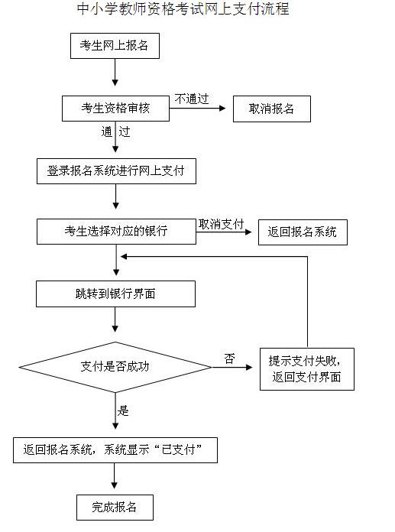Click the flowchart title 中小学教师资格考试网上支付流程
pyautogui.click(x=183, y=9)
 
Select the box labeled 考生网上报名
pyautogui.click(x=115, y=46)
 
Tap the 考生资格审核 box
pyautogui.click(x=115, y=109)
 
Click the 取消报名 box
pyautogui.click(x=272, y=109)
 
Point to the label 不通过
pyautogui.click(x=192, y=99)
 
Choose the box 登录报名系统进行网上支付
pyautogui.click(x=116, y=171)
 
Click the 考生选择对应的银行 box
pyautogui.click(x=116, y=232)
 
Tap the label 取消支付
pyautogui.click(x=221, y=224)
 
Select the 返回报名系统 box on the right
pyautogui.click(x=303, y=232)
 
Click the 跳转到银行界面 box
pyautogui.click(x=115, y=294)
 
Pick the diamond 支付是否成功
pyautogui.click(x=115, y=367)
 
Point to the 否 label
pyautogui.click(x=229, y=358)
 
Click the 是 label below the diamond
pyautogui.click(x=123, y=410)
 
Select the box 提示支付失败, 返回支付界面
pyautogui.click(x=307, y=369)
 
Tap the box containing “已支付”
pyautogui.click(x=115, y=450)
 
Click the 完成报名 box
pyautogui.click(x=115, y=508)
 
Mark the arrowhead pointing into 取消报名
pyautogui.click(x=222, y=109)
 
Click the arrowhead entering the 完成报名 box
pyautogui.click(x=115, y=485)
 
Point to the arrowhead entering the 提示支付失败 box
pyautogui.click(x=249, y=367)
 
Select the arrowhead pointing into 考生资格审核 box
pyautogui.click(x=115, y=83)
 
